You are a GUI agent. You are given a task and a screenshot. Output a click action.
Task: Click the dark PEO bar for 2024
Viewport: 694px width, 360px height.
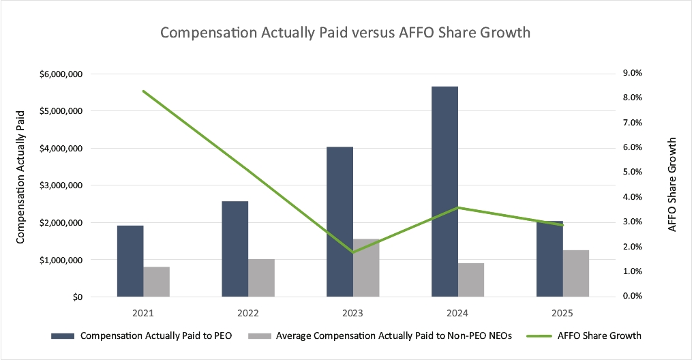444,192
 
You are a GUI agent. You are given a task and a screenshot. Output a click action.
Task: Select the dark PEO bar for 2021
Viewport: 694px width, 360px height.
130,261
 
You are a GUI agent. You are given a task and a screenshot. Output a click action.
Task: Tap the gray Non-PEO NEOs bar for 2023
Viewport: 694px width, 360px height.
366,268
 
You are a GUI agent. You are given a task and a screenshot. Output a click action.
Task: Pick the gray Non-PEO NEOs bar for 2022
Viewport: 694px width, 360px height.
261,277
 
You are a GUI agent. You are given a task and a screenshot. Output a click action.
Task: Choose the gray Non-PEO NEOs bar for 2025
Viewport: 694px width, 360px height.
576,273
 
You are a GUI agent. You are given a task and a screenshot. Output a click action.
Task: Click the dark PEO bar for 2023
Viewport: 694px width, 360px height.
340,222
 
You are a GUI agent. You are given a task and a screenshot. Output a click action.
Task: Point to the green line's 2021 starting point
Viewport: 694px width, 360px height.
143,91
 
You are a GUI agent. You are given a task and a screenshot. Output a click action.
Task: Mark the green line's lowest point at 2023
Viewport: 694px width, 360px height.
352,252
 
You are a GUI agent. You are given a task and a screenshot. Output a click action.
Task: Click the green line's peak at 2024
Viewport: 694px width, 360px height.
458,207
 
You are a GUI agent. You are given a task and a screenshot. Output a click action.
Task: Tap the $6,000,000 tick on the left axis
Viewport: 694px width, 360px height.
61,74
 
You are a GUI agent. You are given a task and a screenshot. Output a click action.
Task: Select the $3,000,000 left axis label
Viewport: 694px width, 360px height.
61,185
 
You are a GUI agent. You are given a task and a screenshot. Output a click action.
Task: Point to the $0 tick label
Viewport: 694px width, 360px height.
78,297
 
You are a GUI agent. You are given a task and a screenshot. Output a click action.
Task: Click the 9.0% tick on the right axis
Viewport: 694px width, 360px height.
633,73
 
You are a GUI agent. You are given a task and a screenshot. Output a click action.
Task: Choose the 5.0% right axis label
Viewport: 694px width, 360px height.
633,172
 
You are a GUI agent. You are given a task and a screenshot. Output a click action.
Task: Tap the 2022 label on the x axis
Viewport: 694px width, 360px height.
248,314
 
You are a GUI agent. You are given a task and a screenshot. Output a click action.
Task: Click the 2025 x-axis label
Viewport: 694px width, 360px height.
562,314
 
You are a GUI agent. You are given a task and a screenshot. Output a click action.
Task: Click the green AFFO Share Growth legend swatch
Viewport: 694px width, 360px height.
539,336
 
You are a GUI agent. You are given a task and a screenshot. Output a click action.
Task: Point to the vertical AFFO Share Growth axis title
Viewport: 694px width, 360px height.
672,185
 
